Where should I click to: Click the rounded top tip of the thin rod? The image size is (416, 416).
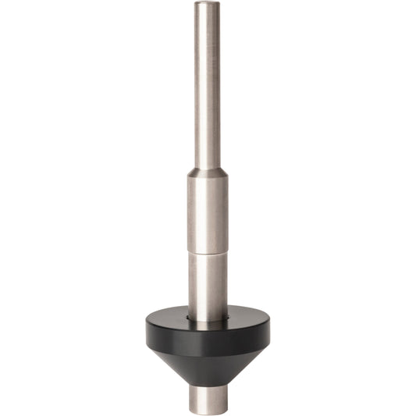point(207,4)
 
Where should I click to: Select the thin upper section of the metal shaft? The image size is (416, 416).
point(207,86)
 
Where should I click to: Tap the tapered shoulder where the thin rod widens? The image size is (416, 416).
point(207,171)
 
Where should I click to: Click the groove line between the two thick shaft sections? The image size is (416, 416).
point(207,254)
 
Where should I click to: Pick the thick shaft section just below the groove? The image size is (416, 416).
point(207,285)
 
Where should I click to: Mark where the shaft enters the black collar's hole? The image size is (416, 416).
point(207,318)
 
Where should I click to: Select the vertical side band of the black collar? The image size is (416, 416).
point(207,337)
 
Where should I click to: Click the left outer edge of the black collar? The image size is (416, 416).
point(147,332)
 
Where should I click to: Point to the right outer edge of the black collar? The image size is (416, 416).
point(268,332)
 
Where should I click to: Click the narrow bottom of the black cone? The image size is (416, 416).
point(207,382)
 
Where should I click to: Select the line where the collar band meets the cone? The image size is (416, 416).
point(207,350)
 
